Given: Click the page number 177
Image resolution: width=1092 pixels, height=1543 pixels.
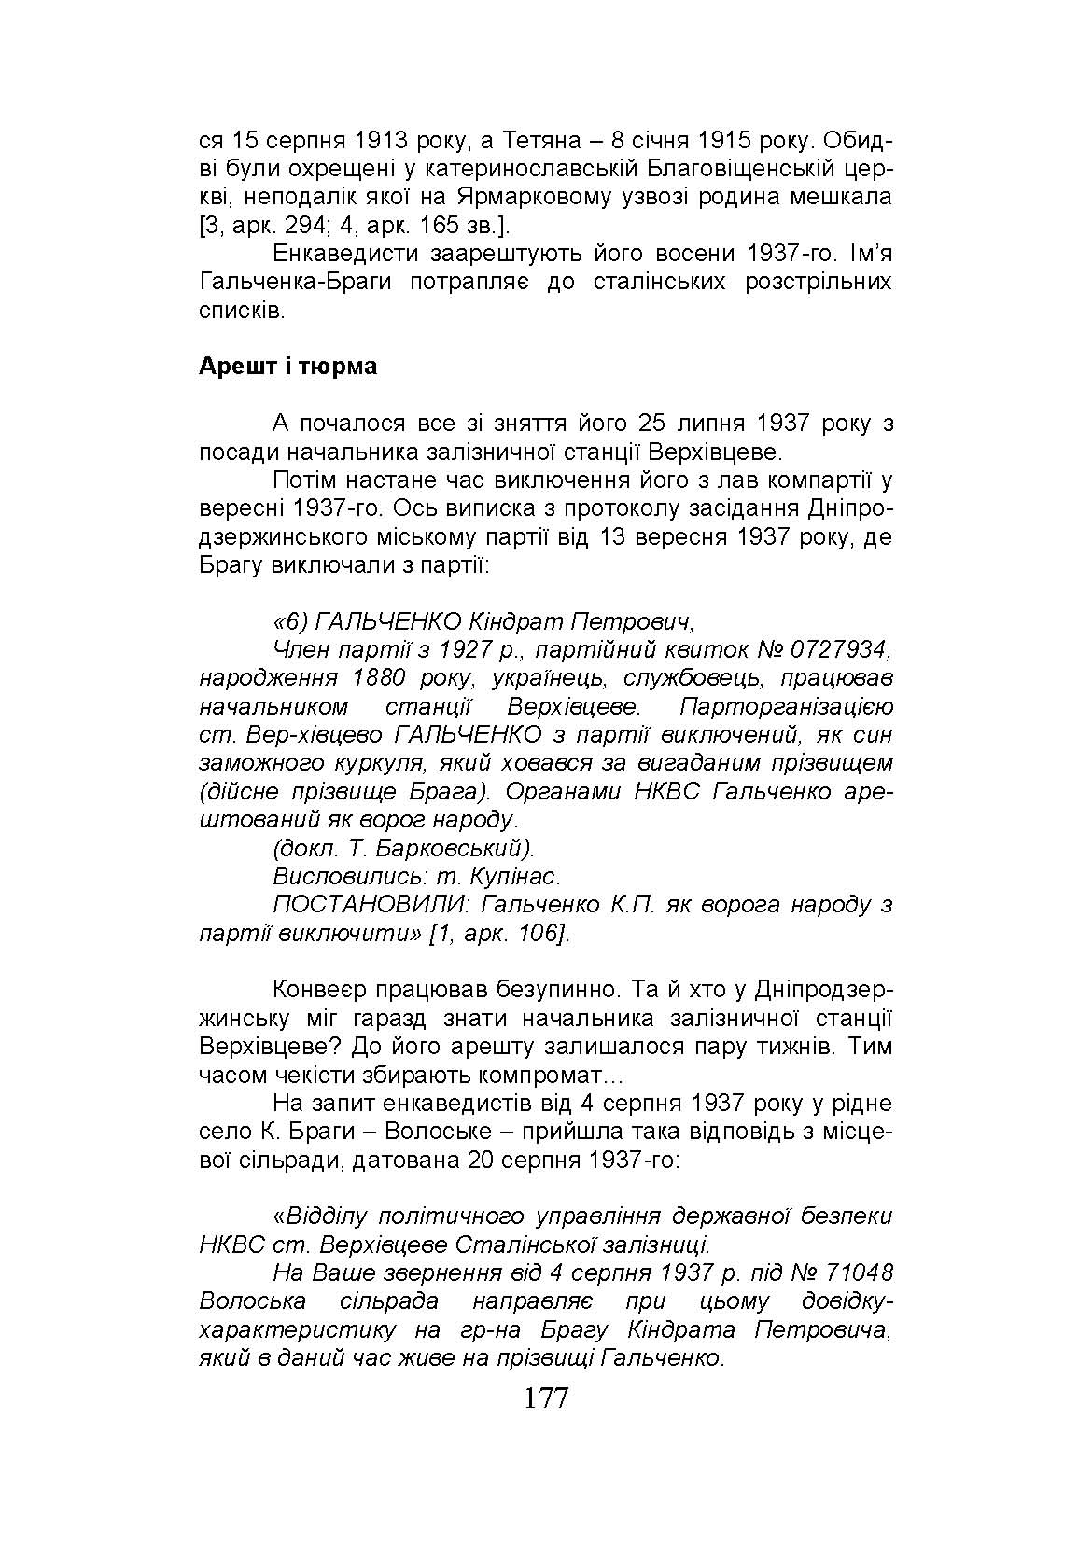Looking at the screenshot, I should pyautogui.click(x=546, y=1398).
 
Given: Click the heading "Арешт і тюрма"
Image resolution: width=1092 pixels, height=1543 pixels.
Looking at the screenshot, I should pyautogui.click(x=287, y=367).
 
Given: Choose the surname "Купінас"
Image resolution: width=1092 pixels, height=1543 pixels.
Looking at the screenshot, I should pyautogui.click(x=514, y=877).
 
